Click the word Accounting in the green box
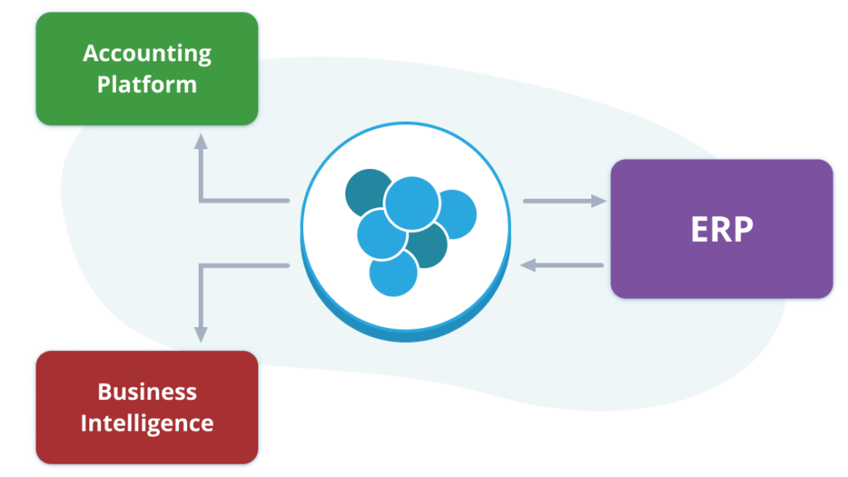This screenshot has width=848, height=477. pos(147,54)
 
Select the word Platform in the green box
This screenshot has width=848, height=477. pos(147,85)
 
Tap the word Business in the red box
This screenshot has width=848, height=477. pos(147,392)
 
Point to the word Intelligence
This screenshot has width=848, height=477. pos(147,423)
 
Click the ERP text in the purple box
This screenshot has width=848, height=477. pos(722,229)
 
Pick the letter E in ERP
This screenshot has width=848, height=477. pos(700,229)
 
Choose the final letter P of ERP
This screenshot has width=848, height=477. pos(744,229)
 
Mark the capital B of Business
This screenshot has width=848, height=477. pos(105,392)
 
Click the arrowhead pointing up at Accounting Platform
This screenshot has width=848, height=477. pos(201,141)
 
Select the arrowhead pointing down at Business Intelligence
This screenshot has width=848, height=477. pos(201,335)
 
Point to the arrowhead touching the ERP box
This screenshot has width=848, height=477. pos(599,201)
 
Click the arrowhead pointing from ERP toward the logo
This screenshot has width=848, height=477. pos(528,265)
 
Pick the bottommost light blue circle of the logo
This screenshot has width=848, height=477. pos(393,273)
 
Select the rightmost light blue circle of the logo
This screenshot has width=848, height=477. pos(457,214)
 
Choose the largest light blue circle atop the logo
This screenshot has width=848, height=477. pos(412,204)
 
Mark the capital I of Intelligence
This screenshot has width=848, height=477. pos(84,422)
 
